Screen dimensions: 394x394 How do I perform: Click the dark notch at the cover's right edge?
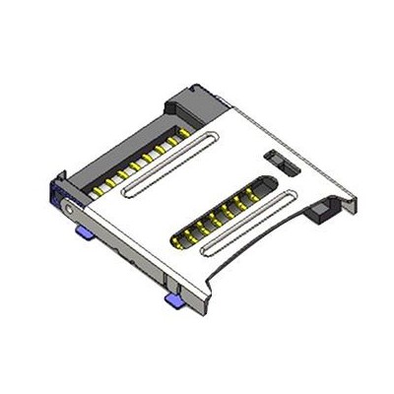pyautogui.click(x=321, y=210)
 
